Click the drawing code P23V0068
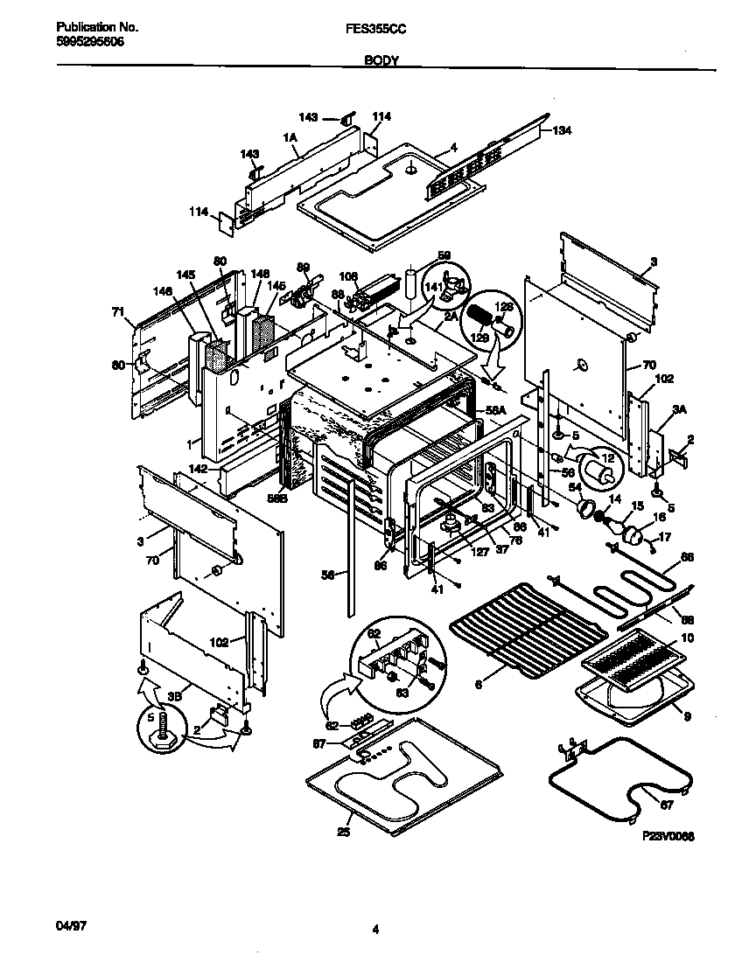click(x=668, y=836)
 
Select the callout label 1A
click(x=290, y=137)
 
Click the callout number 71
click(x=117, y=310)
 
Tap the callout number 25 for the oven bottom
click(x=343, y=832)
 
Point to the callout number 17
click(x=664, y=537)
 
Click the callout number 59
click(x=444, y=255)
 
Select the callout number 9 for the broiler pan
click(x=687, y=716)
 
